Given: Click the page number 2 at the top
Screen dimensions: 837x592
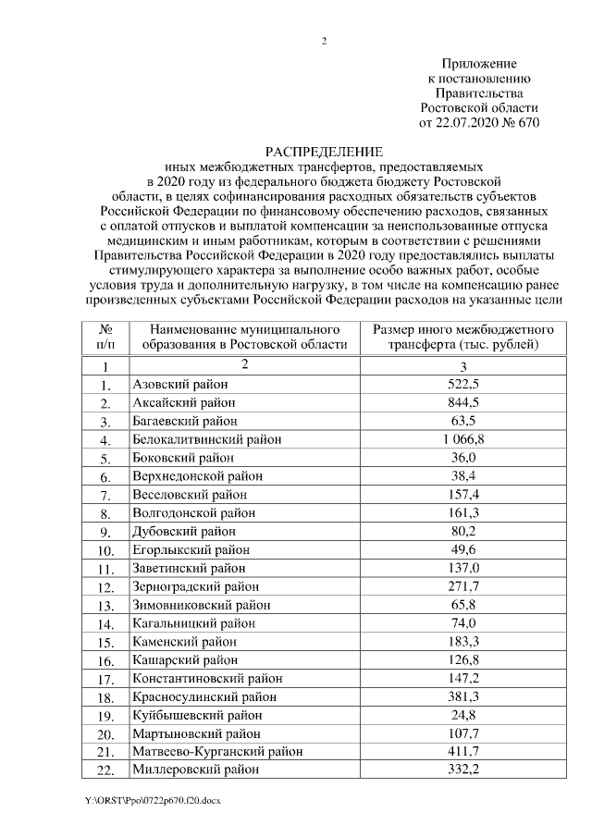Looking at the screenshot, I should [325, 42].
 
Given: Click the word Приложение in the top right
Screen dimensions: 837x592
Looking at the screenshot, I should [478, 62].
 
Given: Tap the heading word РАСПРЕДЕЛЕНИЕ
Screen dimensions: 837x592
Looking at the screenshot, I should [324, 151].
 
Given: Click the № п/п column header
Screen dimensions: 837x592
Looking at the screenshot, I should [106, 337].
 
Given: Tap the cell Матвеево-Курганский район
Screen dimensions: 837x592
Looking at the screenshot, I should [217, 752].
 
